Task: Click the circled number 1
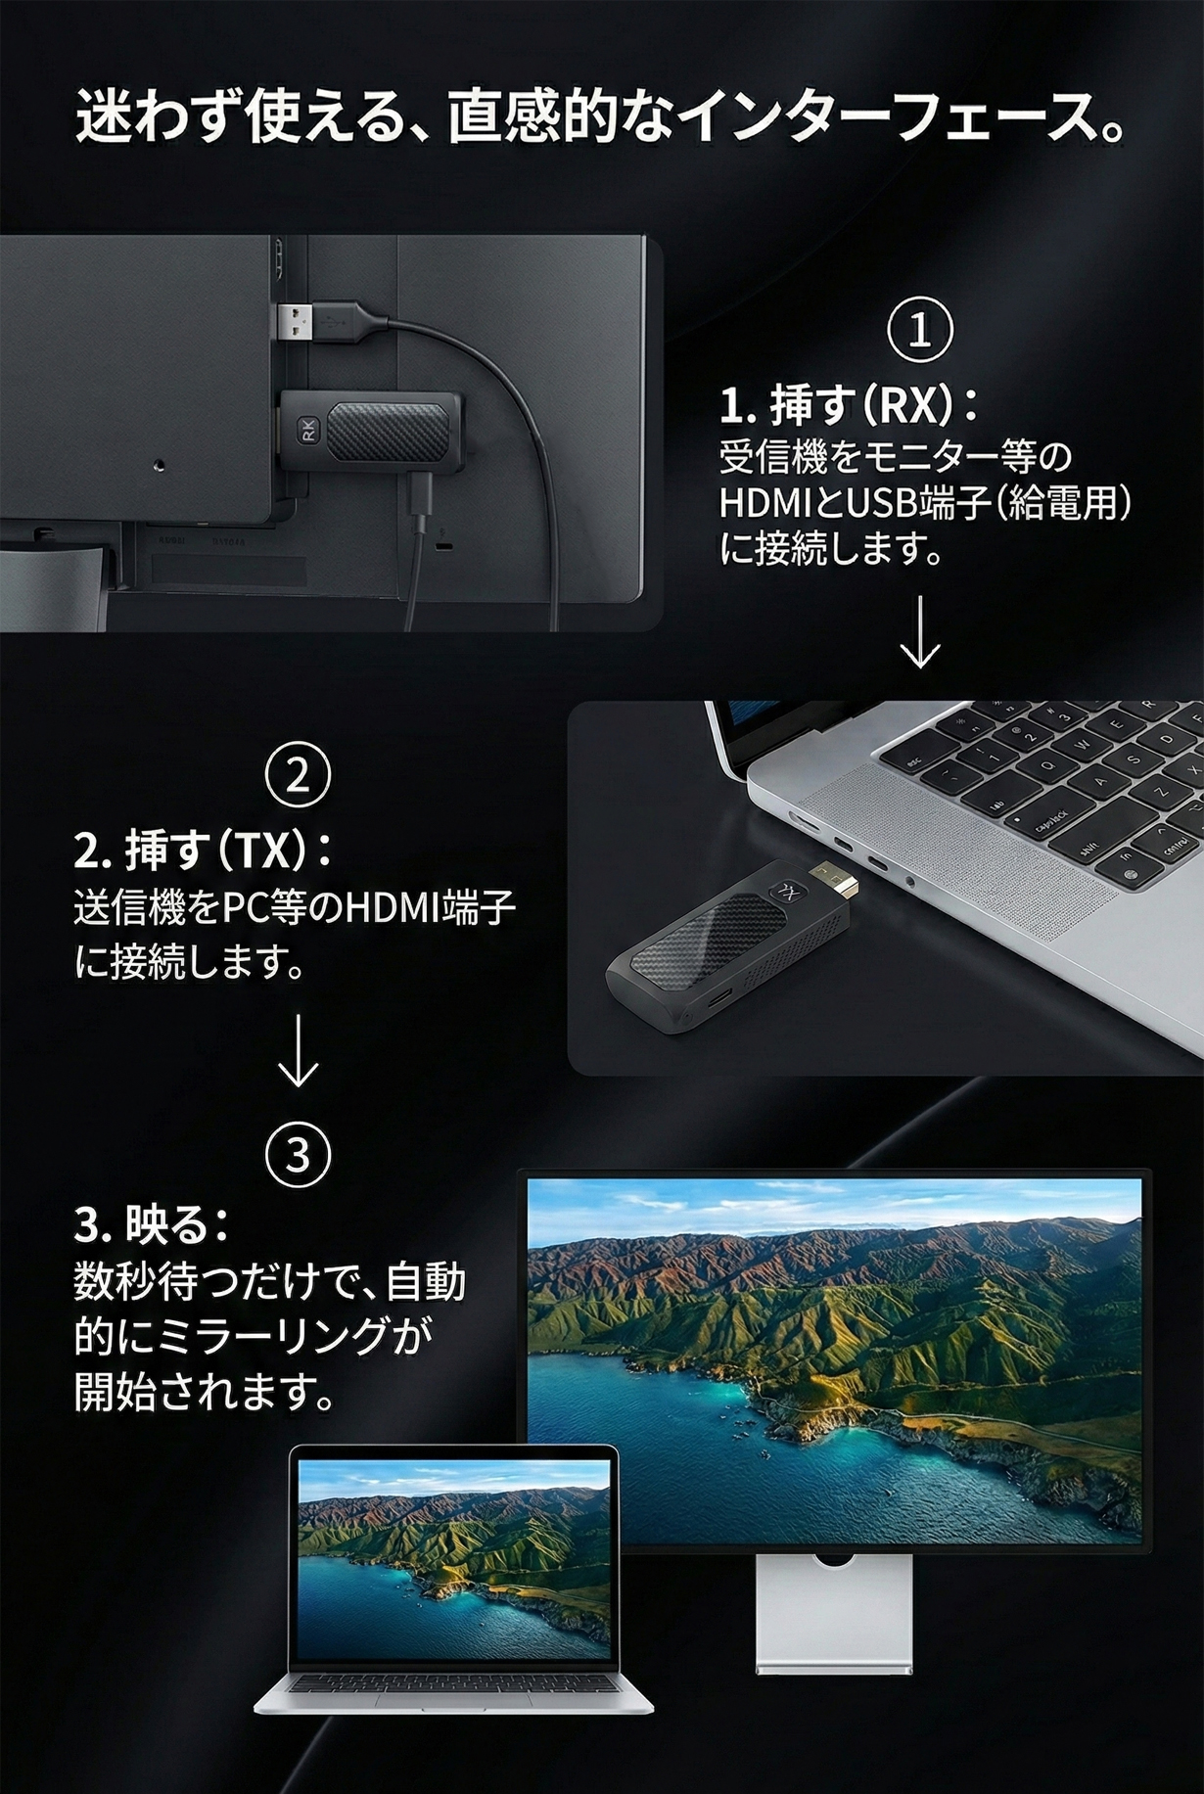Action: click(920, 331)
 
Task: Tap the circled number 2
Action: click(298, 775)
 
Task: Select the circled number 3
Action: click(298, 1155)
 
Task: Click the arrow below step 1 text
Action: click(920, 630)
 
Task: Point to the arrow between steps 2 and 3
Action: click(298, 1051)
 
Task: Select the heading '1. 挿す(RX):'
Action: click(848, 406)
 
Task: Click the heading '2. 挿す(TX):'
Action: click(204, 851)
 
